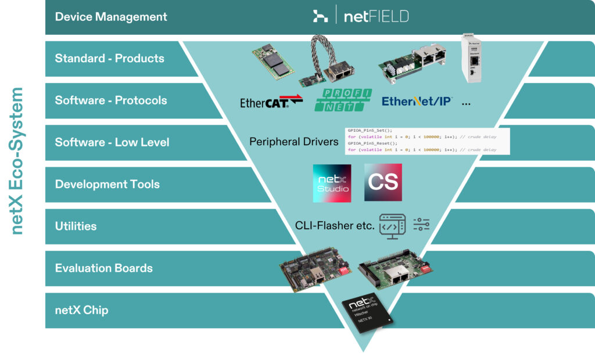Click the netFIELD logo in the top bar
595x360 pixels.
(x=360, y=16)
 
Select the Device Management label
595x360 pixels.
(x=111, y=16)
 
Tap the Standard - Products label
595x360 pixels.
(x=109, y=58)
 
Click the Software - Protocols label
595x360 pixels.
(x=111, y=100)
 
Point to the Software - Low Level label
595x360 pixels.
(x=112, y=142)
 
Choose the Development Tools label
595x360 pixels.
(x=107, y=184)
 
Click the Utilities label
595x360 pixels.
(x=76, y=226)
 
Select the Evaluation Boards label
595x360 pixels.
(x=103, y=268)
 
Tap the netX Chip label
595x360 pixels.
(x=81, y=310)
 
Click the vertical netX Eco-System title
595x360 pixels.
(x=17, y=161)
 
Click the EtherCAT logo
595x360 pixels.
(x=271, y=102)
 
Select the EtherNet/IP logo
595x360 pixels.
(x=417, y=102)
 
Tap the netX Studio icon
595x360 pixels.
(x=332, y=183)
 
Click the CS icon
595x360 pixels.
(x=383, y=183)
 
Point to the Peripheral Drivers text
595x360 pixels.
(x=293, y=142)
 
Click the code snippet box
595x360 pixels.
(x=427, y=141)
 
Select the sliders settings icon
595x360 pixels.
(x=421, y=225)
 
